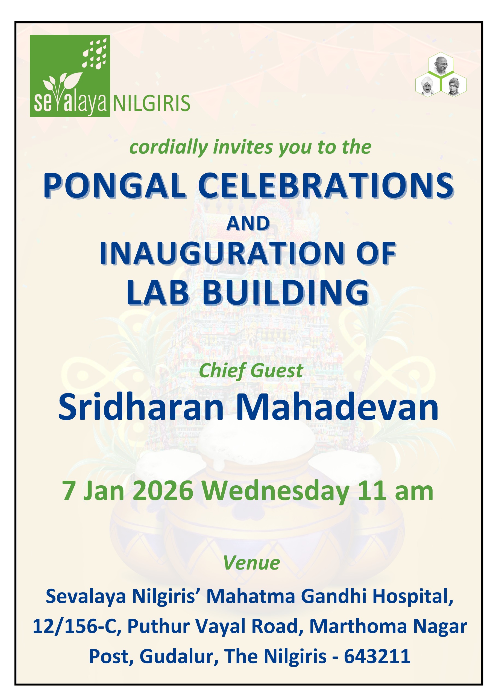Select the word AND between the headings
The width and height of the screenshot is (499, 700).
click(x=248, y=223)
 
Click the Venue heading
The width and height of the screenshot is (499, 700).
click(x=251, y=563)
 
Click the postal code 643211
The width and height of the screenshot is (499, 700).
click(x=377, y=656)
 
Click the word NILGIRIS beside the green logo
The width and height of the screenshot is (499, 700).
click(x=151, y=103)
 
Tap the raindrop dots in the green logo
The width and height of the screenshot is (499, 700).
click(x=94, y=52)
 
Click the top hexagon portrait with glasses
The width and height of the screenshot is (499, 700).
click(x=441, y=64)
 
